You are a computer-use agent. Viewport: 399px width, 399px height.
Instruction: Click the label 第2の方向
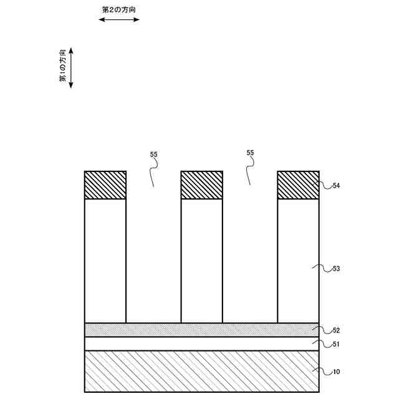(x=118, y=10)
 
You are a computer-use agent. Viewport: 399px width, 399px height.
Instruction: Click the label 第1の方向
(x=62, y=67)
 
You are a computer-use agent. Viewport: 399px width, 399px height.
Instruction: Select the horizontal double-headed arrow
(x=119, y=20)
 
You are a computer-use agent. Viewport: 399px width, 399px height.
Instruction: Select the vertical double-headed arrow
(x=71, y=67)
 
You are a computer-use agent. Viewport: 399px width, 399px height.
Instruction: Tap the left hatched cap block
(x=105, y=185)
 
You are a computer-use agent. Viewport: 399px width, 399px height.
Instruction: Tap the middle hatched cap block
(x=201, y=185)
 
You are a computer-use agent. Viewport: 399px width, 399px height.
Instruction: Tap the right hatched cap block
(x=298, y=185)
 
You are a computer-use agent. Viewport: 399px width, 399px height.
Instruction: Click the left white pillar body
(x=105, y=261)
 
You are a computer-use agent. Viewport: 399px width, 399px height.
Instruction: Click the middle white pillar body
(x=201, y=261)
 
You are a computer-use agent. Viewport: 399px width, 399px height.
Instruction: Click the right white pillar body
(x=298, y=261)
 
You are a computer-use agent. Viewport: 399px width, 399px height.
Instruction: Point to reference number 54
(x=336, y=186)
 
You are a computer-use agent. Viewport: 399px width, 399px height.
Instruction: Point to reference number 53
(x=336, y=269)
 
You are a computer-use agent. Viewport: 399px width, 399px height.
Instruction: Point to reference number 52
(x=336, y=330)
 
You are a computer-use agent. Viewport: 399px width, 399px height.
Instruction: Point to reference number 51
(x=336, y=344)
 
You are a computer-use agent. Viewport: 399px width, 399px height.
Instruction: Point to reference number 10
(x=336, y=372)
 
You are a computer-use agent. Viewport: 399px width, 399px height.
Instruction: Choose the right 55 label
(x=250, y=153)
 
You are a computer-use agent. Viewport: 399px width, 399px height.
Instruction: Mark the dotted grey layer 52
(x=201, y=330)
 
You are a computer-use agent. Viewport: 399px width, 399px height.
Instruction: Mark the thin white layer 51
(x=201, y=344)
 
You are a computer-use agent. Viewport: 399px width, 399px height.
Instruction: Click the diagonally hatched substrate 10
(x=201, y=372)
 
